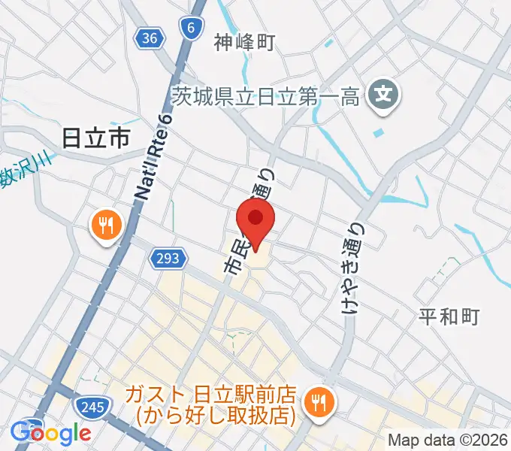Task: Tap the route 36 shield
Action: (x=149, y=37)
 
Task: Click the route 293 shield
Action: (x=168, y=259)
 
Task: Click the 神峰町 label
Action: (x=244, y=42)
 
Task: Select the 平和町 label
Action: (x=449, y=316)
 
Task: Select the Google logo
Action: (x=51, y=433)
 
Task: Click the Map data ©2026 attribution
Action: (x=448, y=440)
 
